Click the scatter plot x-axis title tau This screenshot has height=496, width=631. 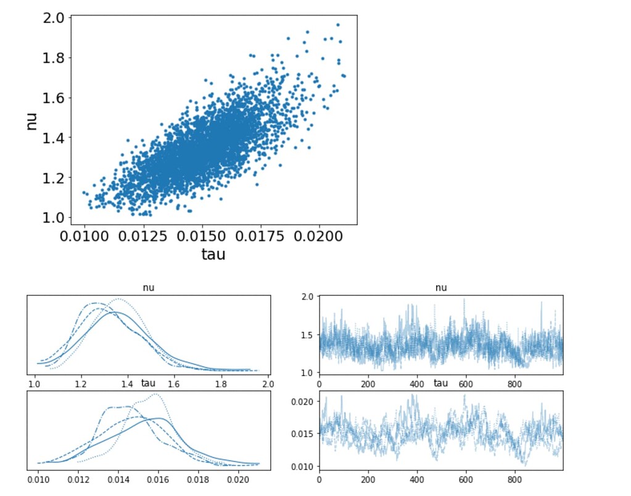click(213, 254)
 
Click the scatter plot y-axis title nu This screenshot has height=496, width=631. click(32, 119)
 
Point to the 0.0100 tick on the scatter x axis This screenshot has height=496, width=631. click(83, 237)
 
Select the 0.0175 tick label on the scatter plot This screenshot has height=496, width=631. click(260, 237)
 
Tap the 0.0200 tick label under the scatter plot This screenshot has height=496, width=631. click(320, 237)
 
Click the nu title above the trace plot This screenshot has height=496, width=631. click(440, 288)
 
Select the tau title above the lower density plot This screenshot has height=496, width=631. click(149, 384)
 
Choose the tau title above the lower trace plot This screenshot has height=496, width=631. click(440, 384)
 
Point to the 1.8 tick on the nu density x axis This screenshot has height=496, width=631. click(221, 384)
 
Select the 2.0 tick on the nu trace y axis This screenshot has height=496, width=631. click(306, 297)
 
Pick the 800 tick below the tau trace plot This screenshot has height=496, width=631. click(514, 479)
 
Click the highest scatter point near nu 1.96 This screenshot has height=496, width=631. click(338, 25)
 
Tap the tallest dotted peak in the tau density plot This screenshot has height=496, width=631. click(155, 394)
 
